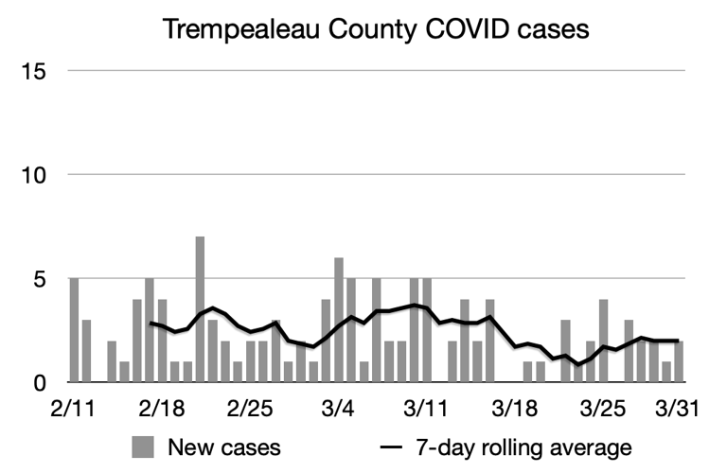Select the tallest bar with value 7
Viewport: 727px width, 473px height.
click(x=200, y=309)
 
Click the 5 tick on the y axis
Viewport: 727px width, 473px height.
click(x=40, y=279)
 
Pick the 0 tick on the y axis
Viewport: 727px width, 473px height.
click(x=40, y=383)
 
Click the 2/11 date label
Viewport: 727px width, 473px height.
click(x=73, y=412)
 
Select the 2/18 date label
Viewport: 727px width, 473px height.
click(x=162, y=412)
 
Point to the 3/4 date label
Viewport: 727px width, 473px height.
click(x=339, y=412)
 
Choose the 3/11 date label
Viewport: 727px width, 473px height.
click(x=427, y=412)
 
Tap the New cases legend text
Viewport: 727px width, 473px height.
click(x=224, y=447)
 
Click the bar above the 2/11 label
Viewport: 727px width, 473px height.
click(x=74, y=331)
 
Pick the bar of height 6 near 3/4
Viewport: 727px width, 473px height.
click(x=339, y=320)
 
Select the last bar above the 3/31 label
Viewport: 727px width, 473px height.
click(x=679, y=362)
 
